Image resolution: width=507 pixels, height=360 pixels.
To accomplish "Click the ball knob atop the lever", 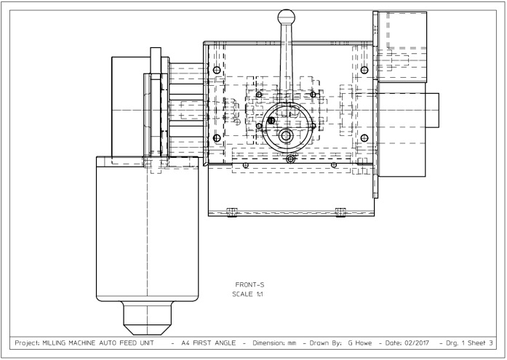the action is pos(286,17).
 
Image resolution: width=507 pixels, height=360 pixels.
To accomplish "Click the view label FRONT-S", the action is pos(249,284).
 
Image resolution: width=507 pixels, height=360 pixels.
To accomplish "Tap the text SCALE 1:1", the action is pos(247,294).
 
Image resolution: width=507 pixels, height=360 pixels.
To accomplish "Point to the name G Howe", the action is pos(360,343).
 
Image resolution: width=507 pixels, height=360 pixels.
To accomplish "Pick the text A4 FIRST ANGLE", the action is pos(209,343).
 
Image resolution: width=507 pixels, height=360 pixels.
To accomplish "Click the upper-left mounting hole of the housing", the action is pos(217,70).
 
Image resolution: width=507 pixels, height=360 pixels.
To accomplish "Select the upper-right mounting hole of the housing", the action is pos(364,70).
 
